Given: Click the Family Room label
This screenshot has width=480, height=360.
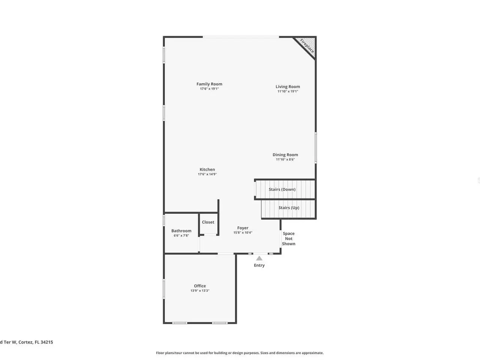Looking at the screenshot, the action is tap(209, 84).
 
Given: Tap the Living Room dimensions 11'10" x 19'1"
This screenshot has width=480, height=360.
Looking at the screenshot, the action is tap(288, 91).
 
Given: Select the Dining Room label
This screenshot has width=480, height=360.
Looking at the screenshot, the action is tap(285, 155).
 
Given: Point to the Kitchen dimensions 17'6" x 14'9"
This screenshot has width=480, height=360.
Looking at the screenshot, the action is tap(207, 174).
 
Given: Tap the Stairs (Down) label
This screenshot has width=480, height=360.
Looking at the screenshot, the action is tap(282, 189).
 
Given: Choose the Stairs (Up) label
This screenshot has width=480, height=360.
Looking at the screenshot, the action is tap(289, 208).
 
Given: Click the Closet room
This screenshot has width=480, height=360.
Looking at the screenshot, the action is tap(208, 224).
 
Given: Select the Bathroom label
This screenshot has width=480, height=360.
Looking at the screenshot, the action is tap(181, 231).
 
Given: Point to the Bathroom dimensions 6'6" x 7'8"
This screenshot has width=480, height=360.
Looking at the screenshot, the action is tap(181, 235).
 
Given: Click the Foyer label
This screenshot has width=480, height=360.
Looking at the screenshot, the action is tap(243, 228).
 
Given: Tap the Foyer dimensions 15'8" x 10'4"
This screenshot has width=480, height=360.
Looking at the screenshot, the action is tap(243, 232).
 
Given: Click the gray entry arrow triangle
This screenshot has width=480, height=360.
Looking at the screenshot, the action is tap(259, 259).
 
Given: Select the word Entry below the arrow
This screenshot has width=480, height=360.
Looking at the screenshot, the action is tap(259, 265).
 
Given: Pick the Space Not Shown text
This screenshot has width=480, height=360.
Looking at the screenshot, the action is tap(288, 239).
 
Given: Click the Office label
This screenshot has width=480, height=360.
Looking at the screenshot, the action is tap(200, 286).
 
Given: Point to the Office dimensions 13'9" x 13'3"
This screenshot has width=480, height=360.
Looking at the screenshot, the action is tap(200, 291).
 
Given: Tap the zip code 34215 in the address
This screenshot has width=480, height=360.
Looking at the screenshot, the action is tap(46, 342).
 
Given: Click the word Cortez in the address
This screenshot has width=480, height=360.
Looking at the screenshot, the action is tap(25, 342).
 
